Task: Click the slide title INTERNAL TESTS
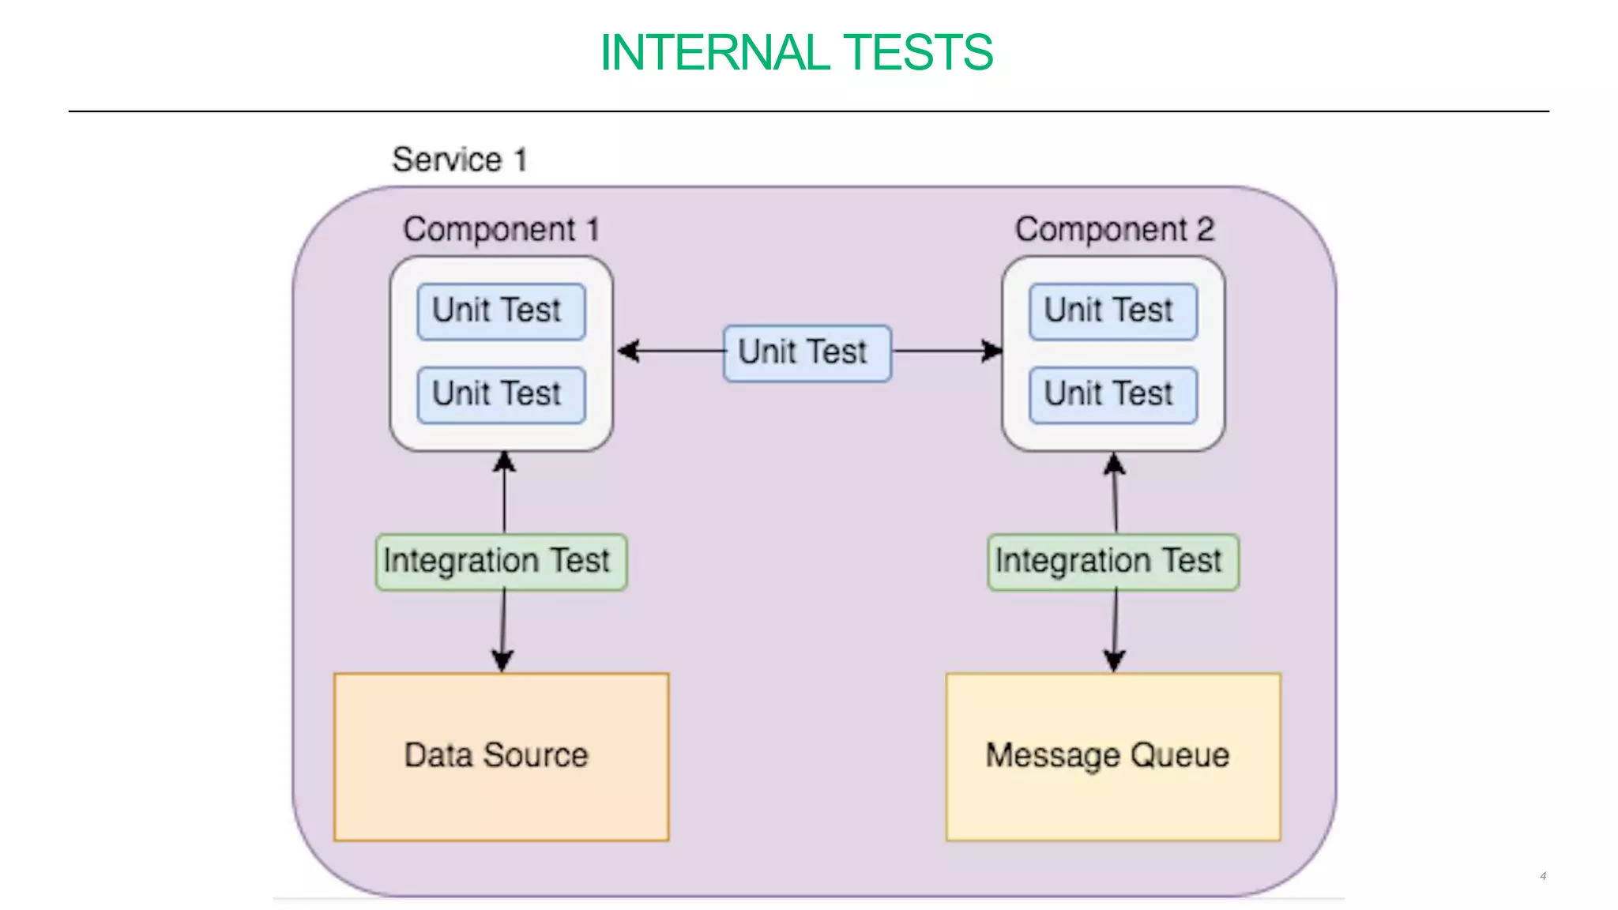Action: coord(796,53)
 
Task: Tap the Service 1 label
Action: coord(459,160)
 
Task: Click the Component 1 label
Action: coord(501,230)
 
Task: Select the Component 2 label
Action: coord(1114,230)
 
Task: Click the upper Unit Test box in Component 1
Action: coord(501,311)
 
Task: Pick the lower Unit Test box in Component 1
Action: coord(501,394)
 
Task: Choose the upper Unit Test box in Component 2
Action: coord(1112,311)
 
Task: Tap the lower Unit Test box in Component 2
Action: coord(1112,394)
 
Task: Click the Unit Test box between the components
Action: coord(807,353)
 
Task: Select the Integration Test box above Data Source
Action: coord(501,562)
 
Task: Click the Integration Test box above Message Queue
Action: coord(1112,562)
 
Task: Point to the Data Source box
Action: coord(501,756)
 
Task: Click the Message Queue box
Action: coord(1112,756)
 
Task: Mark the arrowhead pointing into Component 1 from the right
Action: coord(628,351)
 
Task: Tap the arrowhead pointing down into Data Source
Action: coord(502,660)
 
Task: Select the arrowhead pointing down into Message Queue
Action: coord(1114,660)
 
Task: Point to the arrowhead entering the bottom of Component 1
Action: coord(504,462)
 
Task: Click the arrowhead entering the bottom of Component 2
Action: coord(1114,464)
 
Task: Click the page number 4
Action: coord(1542,876)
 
